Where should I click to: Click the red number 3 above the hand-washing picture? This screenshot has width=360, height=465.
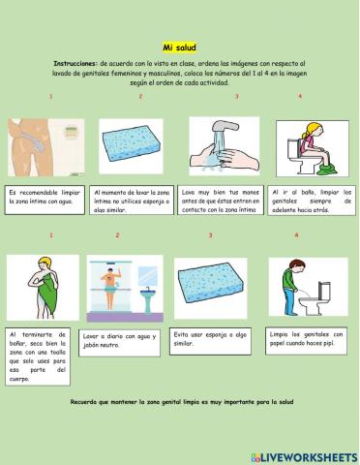pyautogui.click(x=236, y=97)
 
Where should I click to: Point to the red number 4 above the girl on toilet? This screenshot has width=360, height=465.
pyautogui.click(x=299, y=97)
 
